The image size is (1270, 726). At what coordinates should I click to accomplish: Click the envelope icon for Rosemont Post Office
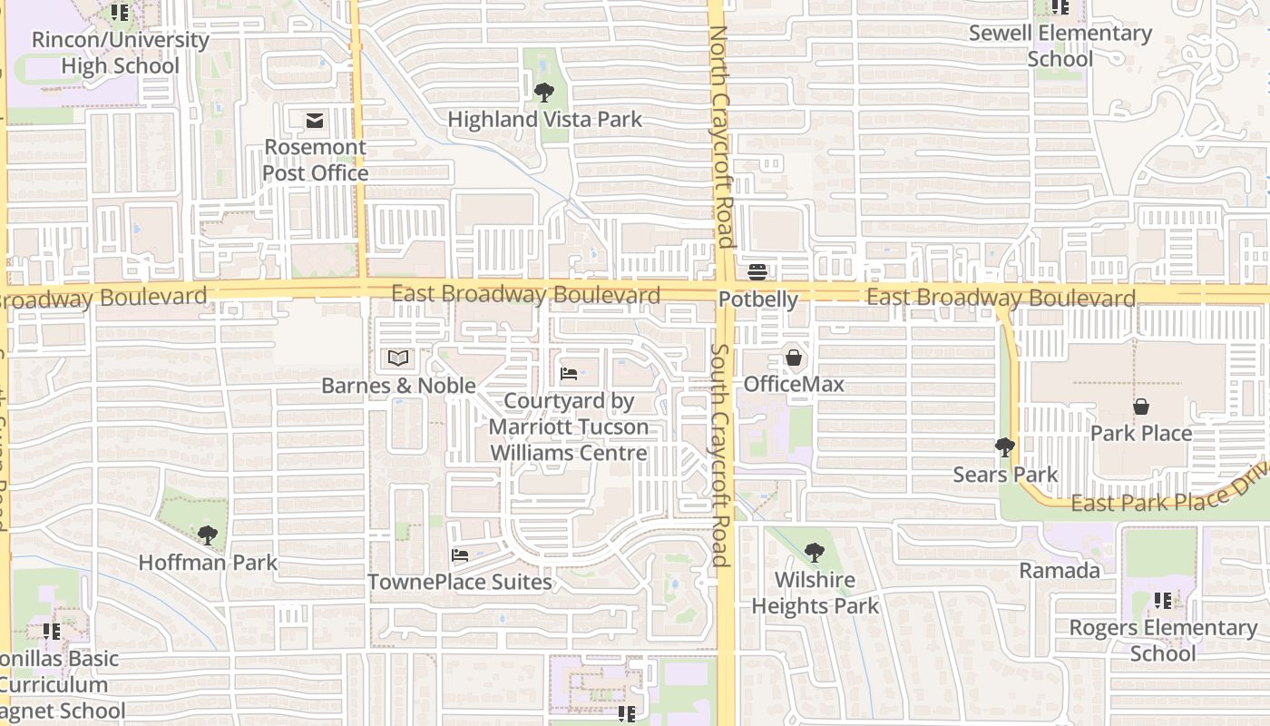[315, 120]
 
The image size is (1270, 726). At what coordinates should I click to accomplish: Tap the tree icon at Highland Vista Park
[544, 92]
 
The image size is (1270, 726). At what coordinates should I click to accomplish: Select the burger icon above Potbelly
[757, 272]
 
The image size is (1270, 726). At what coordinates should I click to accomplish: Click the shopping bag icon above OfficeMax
[794, 358]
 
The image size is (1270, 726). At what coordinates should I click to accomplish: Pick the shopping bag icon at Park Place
[1141, 407]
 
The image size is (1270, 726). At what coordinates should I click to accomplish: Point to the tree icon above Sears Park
[1005, 446]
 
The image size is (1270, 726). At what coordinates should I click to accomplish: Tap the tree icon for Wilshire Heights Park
[815, 552]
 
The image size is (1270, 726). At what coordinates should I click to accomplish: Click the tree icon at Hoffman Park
[208, 535]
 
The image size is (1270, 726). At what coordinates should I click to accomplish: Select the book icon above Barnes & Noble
[398, 358]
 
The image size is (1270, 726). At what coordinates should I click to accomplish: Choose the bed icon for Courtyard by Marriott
[569, 373]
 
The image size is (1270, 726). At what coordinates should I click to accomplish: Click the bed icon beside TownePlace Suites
[460, 555]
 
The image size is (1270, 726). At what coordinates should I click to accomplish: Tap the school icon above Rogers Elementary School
[1163, 600]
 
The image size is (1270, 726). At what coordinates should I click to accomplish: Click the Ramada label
[1060, 571]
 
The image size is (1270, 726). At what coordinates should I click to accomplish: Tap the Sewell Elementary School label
[1060, 46]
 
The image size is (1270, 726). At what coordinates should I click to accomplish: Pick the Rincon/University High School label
[120, 53]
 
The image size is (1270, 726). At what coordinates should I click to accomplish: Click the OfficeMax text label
[794, 384]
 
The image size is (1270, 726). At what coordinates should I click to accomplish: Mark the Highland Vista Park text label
[544, 119]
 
